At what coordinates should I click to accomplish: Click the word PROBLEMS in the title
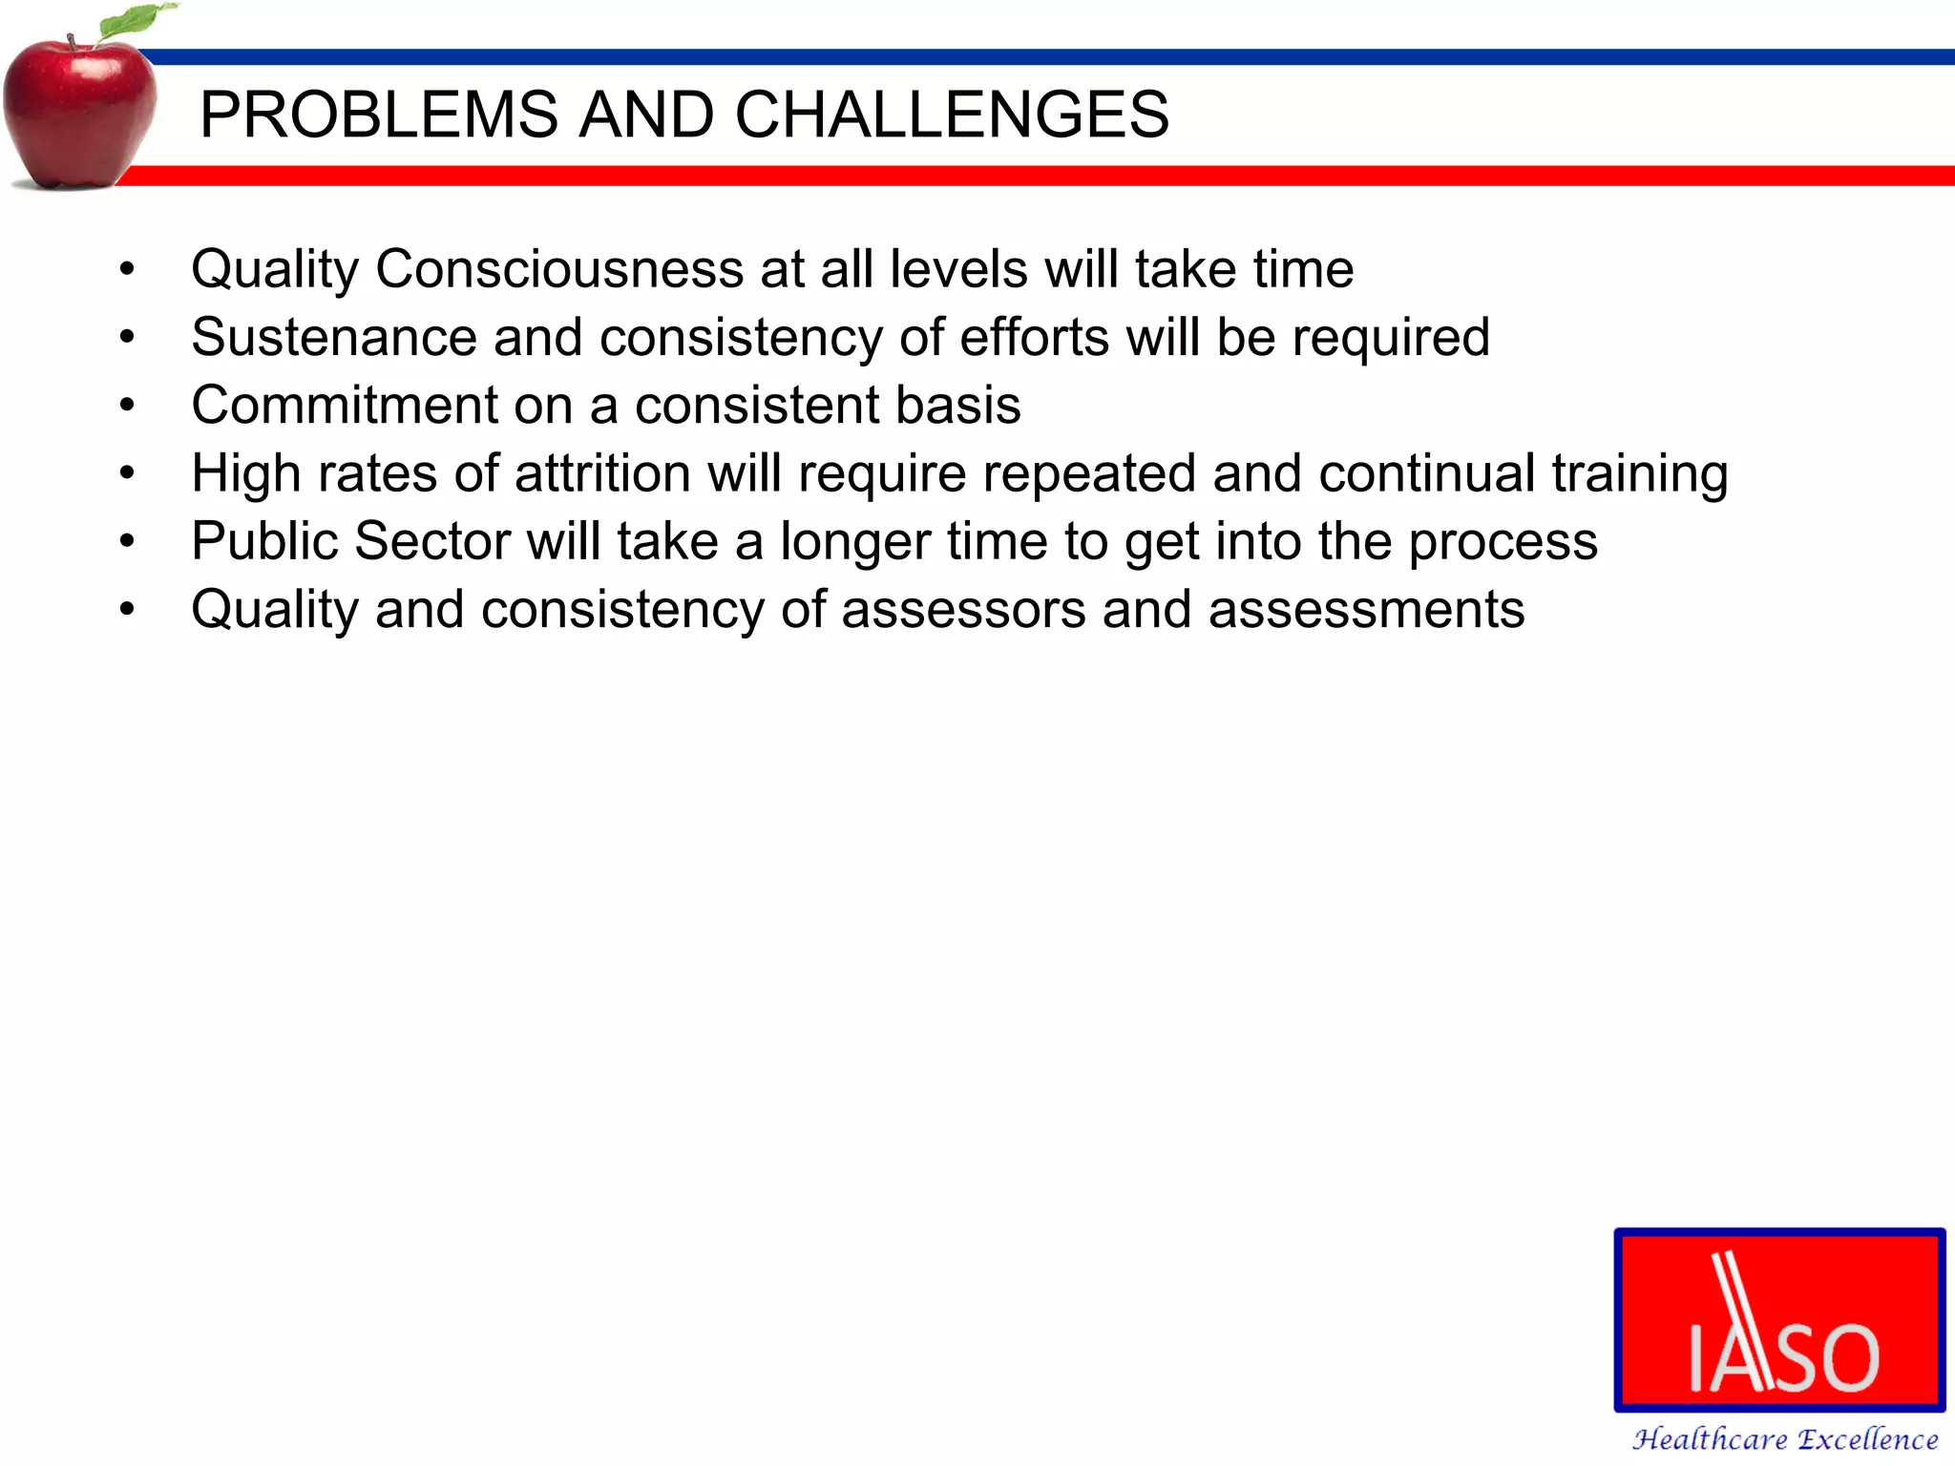coord(378,115)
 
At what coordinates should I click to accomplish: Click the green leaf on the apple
coord(134,22)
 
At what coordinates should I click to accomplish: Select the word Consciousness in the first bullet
coord(559,269)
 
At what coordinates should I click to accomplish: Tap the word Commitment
coord(345,406)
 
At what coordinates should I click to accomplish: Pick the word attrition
coord(602,473)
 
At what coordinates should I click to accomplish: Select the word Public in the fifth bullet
coord(264,542)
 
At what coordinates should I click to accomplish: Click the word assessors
coord(963,610)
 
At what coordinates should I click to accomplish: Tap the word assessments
coord(1366,610)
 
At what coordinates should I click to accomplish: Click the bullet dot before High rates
coord(127,473)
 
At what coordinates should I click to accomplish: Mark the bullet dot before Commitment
coord(127,406)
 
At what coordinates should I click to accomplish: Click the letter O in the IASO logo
coord(1841,1356)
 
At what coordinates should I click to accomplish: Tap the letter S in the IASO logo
coord(1784,1356)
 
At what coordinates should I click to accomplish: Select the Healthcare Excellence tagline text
coord(1784,1438)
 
